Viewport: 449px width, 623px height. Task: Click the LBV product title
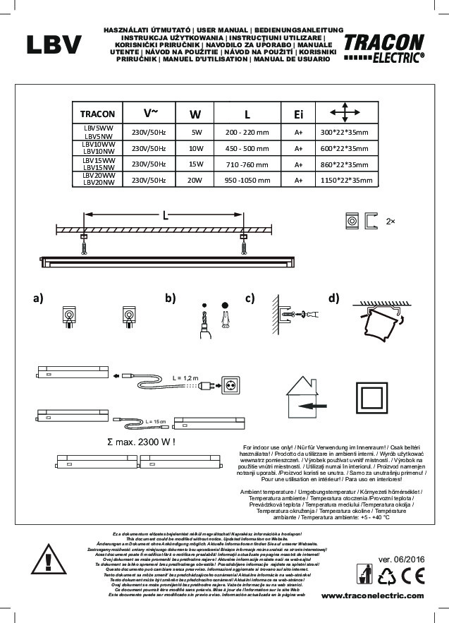[x=54, y=45]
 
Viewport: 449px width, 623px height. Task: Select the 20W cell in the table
[x=196, y=180]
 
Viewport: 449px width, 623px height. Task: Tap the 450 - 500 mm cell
[x=247, y=148]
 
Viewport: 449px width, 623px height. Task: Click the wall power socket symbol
[x=231, y=385]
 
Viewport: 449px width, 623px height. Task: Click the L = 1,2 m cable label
[x=187, y=378]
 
